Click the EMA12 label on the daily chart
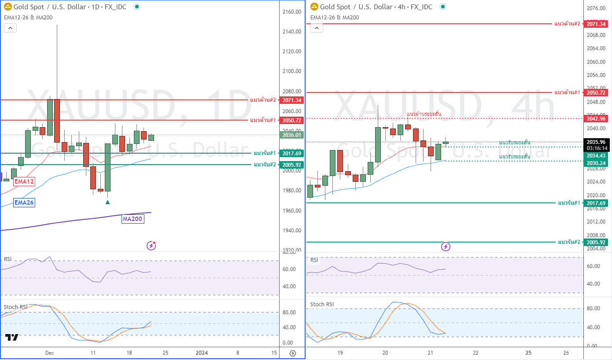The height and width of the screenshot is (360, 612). tap(24, 181)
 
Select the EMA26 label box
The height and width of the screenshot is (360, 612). tap(24, 202)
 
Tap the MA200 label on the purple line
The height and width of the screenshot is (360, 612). tap(133, 219)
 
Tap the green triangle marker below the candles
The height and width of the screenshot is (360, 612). tap(107, 202)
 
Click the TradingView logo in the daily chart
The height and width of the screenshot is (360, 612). tap(12, 337)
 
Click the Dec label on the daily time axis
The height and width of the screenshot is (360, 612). tap(49, 353)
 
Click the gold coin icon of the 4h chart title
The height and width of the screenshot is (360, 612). tap(314, 7)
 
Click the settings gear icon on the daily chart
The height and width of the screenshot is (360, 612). tap(293, 353)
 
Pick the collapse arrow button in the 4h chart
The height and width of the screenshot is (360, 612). tap(317, 28)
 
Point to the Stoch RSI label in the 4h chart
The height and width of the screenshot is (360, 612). tap(322, 304)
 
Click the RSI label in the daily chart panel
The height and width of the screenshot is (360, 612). tap(8, 258)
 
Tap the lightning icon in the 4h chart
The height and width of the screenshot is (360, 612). tap(446, 246)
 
